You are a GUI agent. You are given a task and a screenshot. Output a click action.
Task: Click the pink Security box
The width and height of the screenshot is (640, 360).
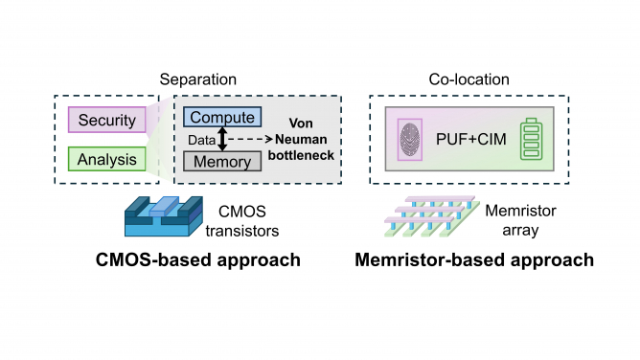[106, 120]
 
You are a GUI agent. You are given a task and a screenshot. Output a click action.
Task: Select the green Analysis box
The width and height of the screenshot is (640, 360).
[106, 159]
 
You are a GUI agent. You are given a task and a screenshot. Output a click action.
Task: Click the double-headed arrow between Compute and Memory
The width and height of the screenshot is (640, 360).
[223, 140]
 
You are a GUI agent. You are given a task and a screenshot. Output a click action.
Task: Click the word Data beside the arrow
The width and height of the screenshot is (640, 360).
[199, 140]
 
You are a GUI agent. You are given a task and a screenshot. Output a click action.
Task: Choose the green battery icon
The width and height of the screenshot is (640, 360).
[531, 140]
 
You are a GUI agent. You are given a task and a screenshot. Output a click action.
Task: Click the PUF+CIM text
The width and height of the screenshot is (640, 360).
[471, 140]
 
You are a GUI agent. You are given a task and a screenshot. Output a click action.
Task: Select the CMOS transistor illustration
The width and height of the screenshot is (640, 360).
[164, 216]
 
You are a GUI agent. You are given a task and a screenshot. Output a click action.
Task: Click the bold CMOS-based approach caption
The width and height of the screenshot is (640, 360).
[197, 259]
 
